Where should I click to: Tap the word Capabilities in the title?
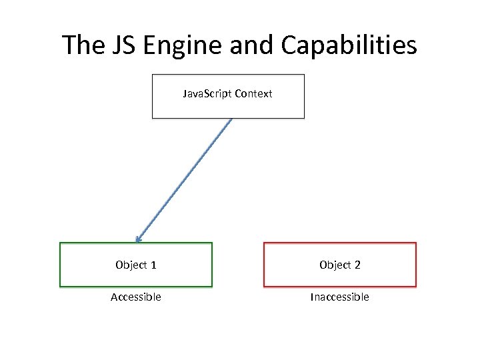(x=349, y=45)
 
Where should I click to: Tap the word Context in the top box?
(x=253, y=94)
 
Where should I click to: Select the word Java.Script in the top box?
(x=207, y=94)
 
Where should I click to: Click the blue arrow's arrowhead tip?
(x=136, y=241)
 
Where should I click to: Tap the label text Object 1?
(x=136, y=265)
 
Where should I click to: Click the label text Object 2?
(x=340, y=265)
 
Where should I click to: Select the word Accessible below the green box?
(x=136, y=297)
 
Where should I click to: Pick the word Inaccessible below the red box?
(x=339, y=297)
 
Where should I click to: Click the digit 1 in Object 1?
(x=154, y=265)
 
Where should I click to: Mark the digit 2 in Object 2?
(x=357, y=265)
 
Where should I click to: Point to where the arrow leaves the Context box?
(x=231, y=119)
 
